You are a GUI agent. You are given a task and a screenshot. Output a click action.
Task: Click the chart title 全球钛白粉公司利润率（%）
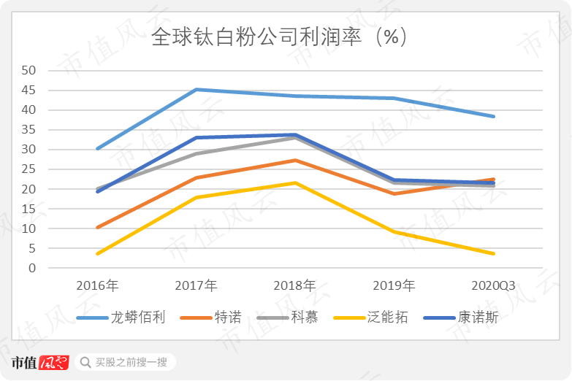click(279, 37)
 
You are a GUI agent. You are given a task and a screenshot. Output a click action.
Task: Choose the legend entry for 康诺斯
click(478, 317)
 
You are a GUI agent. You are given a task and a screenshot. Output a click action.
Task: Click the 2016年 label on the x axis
click(97, 285)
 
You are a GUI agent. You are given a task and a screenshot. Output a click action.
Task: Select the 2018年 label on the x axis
click(295, 285)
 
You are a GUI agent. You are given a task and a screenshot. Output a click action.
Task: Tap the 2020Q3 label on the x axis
click(493, 285)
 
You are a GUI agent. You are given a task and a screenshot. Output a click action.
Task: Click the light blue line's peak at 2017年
click(197, 90)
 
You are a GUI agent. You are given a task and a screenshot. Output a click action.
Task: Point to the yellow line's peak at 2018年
click(295, 182)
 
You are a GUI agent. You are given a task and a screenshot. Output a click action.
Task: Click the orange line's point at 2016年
click(97, 228)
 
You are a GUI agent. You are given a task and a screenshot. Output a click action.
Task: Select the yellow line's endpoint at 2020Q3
click(494, 253)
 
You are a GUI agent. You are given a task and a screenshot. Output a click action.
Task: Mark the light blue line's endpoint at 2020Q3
click(494, 116)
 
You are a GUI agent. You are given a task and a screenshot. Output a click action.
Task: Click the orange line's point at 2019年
click(394, 193)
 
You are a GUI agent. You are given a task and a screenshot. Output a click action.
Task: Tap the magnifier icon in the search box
click(86, 362)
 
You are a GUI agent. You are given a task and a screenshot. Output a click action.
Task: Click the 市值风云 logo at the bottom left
click(40, 362)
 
